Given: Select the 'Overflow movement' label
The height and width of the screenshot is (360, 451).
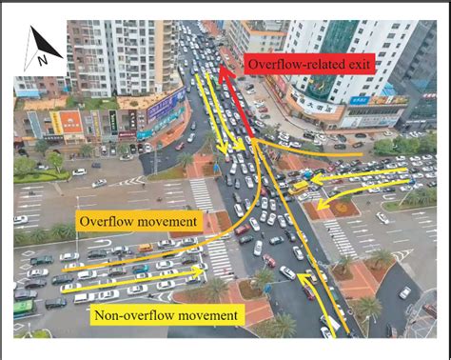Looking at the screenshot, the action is coord(139,222).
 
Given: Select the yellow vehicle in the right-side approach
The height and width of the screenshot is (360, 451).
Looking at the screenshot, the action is coord(300,188).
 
